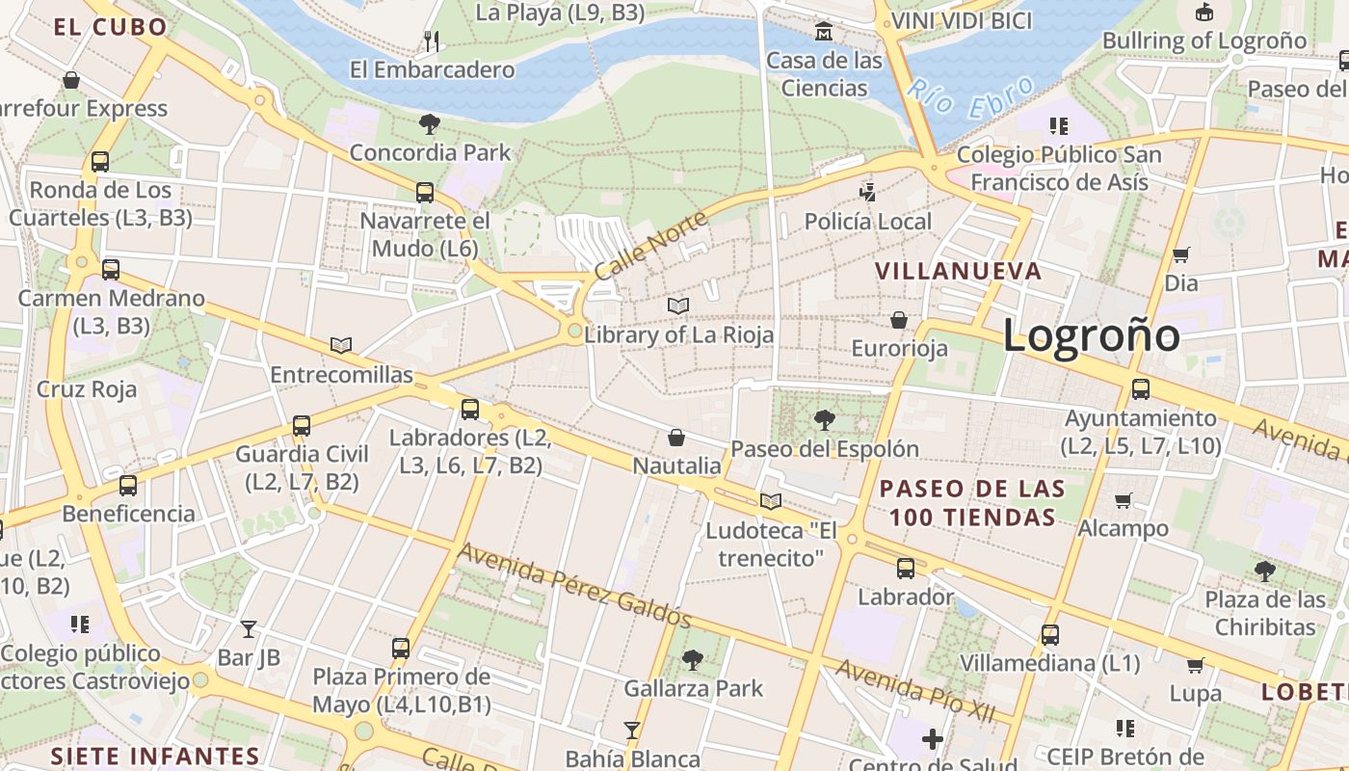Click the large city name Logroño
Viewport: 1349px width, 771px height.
[x=1091, y=335]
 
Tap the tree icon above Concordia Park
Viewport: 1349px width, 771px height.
[x=430, y=123]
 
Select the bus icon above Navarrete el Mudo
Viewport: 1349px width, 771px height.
[x=425, y=193]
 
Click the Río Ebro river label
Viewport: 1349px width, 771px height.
[x=970, y=97]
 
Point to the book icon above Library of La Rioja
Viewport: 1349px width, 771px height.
[x=678, y=306]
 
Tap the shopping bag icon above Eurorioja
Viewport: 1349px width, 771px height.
[x=899, y=319]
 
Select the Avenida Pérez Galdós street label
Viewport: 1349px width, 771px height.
[x=574, y=585]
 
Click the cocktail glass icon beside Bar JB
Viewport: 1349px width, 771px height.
[x=249, y=629]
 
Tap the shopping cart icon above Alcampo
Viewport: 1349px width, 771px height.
[x=1123, y=500]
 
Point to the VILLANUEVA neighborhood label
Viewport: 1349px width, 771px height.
[x=959, y=271]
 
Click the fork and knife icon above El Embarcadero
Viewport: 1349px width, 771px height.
[x=432, y=40]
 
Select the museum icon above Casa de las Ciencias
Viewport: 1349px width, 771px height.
[x=824, y=32]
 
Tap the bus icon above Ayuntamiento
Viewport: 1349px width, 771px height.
[x=1141, y=389]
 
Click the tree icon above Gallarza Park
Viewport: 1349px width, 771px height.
[x=692, y=660]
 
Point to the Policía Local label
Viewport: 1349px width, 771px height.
[x=867, y=222]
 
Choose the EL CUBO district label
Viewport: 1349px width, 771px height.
[x=111, y=27]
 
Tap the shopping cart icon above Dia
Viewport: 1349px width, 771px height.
[x=1180, y=254]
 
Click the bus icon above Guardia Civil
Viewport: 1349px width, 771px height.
[x=302, y=425]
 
